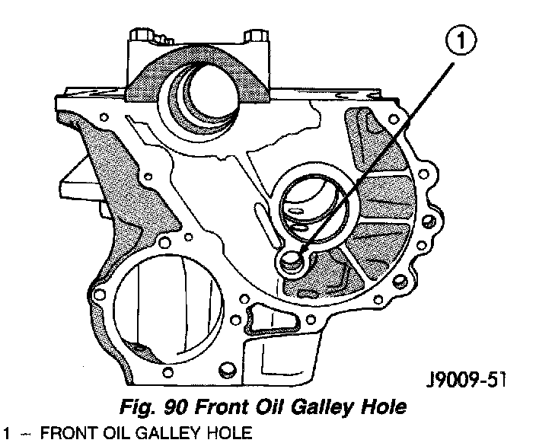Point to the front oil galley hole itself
[290, 262]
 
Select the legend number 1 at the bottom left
[6, 434]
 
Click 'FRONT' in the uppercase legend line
[65, 434]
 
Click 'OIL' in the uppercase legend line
[102, 434]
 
